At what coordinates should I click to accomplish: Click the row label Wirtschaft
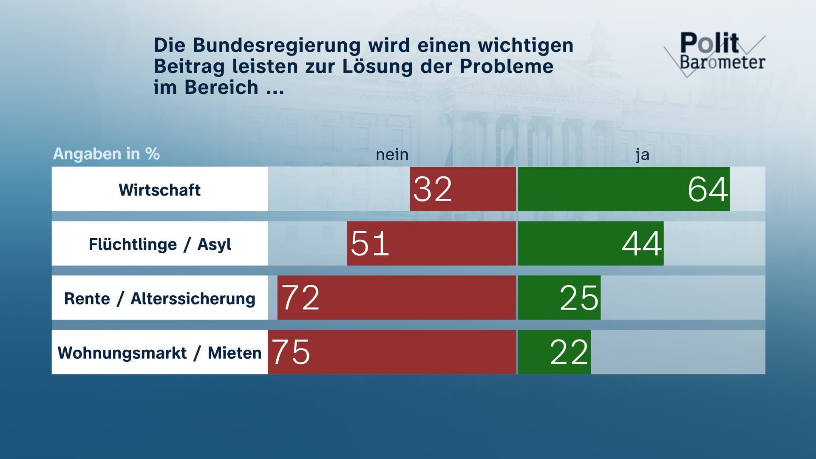[159, 190]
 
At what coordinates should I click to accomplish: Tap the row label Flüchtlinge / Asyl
[159, 244]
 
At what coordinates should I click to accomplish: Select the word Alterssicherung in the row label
[193, 299]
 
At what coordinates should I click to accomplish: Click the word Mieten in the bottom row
[234, 353]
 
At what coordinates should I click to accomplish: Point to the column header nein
[392, 155]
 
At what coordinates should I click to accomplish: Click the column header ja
[643, 155]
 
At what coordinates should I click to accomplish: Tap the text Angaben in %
[106, 154]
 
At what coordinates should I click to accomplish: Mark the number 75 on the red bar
[291, 352]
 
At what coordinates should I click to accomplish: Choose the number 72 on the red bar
[300, 297]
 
